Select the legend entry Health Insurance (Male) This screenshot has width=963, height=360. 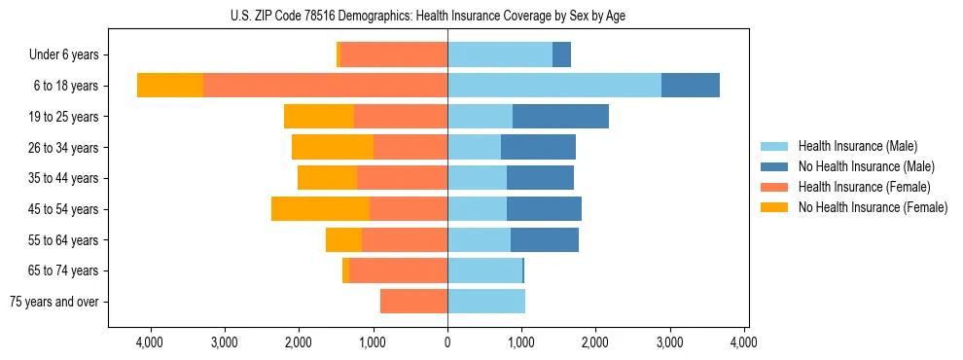click(858, 146)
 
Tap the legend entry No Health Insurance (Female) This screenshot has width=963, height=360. click(872, 207)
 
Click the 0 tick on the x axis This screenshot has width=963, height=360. click(447, 342)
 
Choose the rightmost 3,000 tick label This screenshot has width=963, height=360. click(670, 342)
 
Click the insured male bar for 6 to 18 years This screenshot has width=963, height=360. click(554, 86)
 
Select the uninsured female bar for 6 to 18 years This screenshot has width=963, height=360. click(170, 86)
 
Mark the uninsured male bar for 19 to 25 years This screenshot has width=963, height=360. click(560, 117)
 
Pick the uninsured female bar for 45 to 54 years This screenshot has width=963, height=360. click(320, 209)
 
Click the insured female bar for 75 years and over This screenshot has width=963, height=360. click(413, 302)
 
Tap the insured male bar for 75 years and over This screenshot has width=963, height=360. click(486, 302)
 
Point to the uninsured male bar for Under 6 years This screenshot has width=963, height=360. click(561, 55)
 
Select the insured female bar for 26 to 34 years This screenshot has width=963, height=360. click(410, 148)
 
